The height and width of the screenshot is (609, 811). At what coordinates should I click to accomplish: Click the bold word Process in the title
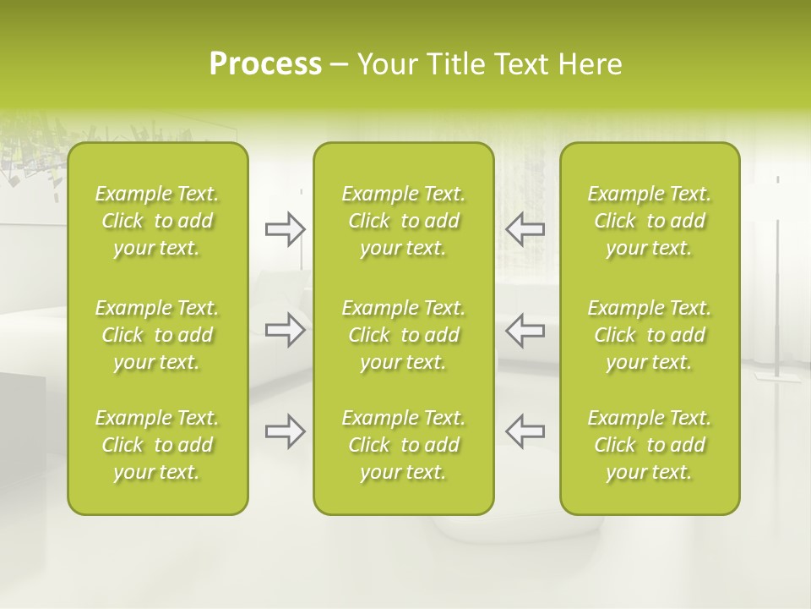(x=265, y=64)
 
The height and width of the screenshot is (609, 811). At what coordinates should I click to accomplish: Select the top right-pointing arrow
(x=286, y=229)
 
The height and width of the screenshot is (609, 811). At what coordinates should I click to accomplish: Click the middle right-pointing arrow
(x=286, y=330)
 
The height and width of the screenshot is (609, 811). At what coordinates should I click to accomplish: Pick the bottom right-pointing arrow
(x=286, y=431)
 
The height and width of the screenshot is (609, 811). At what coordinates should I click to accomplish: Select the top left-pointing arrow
(x=525, y=228)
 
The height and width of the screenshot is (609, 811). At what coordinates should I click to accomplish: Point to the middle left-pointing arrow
(x=525, y=330)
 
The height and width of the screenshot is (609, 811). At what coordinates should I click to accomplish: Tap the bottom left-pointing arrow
(x=525, y=431)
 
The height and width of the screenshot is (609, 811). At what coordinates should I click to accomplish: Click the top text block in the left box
(x=157, y=221)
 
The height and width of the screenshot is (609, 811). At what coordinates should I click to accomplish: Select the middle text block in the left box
(x=157, y=335)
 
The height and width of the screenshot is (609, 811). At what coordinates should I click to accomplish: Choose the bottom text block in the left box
(x=157, y=445)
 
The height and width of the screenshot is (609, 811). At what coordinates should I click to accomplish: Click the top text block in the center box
(x=403, y=221)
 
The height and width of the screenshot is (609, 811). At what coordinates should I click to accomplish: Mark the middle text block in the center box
(x=403, y=335)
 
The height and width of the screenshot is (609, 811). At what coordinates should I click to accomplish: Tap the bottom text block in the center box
(x=403, y=445)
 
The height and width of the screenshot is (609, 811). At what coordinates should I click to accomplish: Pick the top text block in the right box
(x=649, y=221)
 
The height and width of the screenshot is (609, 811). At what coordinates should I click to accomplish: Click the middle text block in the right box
(x=649, y=335)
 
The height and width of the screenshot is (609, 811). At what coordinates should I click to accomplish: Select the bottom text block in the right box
(x=649, y=445)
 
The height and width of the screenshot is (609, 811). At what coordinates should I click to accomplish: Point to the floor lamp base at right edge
(x=776, y=376)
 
